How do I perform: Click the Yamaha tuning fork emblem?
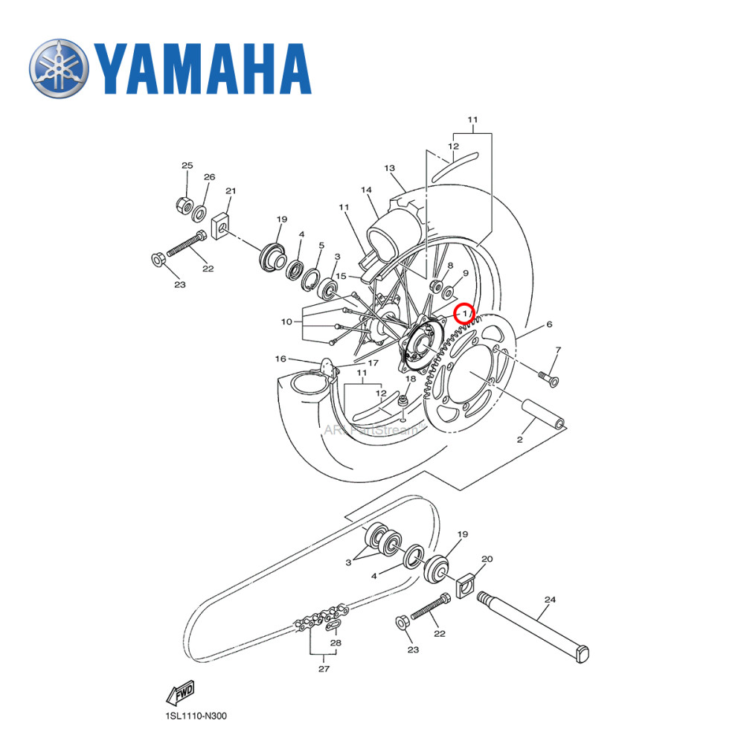click(x=59, y=69)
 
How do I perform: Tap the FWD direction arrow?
click(x=180, y=694)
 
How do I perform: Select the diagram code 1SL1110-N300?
click(x=196, y=717)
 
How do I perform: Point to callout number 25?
click(x=187, y=165)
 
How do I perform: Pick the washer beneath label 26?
click(x=200, y=214)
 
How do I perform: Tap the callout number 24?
click(x=550, y=600)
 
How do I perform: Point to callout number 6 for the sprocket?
click(x=549, y=324)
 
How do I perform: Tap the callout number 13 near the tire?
click(x=389, y=168)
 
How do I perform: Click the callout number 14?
click(x=366, y=190)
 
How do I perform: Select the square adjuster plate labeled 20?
click(x=467, y=586)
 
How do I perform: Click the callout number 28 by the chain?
click(x=336, y=643)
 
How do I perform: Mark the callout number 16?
click(x=280, y=359)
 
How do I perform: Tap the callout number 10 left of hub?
click(x=286, y=322)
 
